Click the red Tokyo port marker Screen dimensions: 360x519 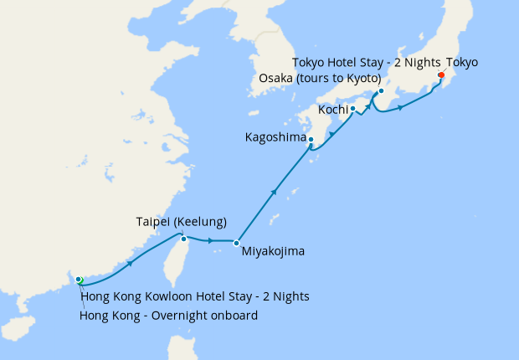tap(440, 76)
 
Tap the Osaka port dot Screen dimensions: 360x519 tap(381, 90)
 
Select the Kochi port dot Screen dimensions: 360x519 tap(352, 108)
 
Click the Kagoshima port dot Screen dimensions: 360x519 tap(310, 139)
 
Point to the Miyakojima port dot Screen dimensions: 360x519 tap(236, 243)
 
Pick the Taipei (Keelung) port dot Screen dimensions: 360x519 tap(183, 239)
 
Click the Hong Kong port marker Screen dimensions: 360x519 tap(78, 279)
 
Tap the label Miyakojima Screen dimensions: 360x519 tap(273, 250)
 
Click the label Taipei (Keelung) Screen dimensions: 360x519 tap(182, 222)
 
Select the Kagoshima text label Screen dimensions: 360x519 tap(275, 136)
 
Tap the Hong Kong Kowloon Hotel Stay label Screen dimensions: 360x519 tap(195, 296)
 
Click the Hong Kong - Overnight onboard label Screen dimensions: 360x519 tap(168, 316)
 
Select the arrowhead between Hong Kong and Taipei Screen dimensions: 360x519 tap(131, 263)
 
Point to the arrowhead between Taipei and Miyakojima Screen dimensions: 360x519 tap(209, 241)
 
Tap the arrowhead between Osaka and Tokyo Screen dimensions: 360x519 tap(401, 108)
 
